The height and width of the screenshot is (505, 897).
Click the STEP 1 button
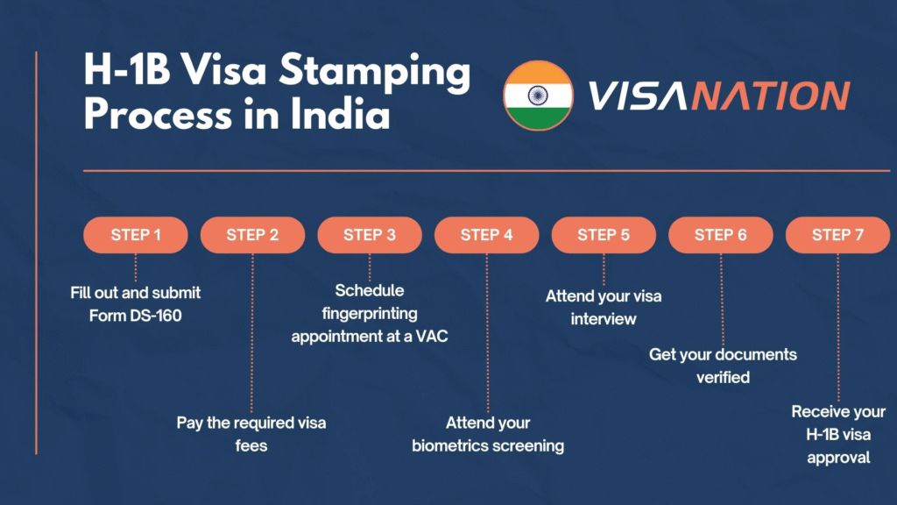(136, 235)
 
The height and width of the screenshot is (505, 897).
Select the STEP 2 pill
(252, 235)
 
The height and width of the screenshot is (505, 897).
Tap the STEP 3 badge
(370, 235)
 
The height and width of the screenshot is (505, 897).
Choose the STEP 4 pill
(487, 235)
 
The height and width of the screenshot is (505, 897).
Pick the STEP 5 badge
(604, 235)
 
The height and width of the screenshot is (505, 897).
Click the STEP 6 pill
(721, 235)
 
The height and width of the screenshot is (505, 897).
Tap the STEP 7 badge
(837, 235)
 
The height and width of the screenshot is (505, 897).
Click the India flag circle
(538, 96)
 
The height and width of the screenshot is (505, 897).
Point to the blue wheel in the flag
(538, 96)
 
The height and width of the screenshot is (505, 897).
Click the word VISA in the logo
(638, 95)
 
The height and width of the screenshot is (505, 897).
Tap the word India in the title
(341, 113)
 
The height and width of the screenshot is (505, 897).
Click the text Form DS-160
(136, 316)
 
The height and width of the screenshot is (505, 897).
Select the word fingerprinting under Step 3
(370, 314)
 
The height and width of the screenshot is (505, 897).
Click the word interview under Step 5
(604, 319)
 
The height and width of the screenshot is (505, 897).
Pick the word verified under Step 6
(723, 377)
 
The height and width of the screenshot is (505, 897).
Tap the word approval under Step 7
(838, 458)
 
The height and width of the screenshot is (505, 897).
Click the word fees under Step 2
(251, 445)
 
